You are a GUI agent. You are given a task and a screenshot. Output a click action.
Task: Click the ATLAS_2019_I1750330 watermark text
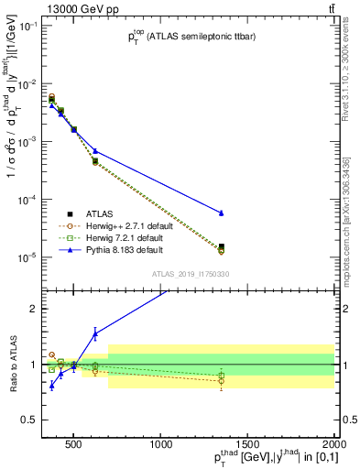point(191,274)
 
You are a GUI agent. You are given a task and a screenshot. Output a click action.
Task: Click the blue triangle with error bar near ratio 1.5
point(95,333)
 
